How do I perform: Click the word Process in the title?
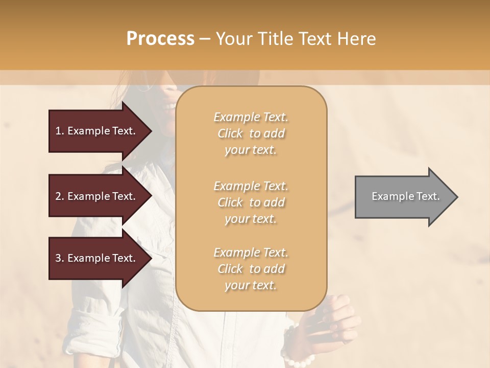click(160, 39)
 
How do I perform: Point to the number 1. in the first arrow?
click(60, 131)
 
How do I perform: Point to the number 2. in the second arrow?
click(60, 196)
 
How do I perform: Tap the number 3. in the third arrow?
click(60, 258)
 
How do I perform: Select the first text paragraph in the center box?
click(251, 133)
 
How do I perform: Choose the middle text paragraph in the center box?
click(251, 202)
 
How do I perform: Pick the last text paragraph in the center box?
click(251, 269)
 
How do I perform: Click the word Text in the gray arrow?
click(428, 196)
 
